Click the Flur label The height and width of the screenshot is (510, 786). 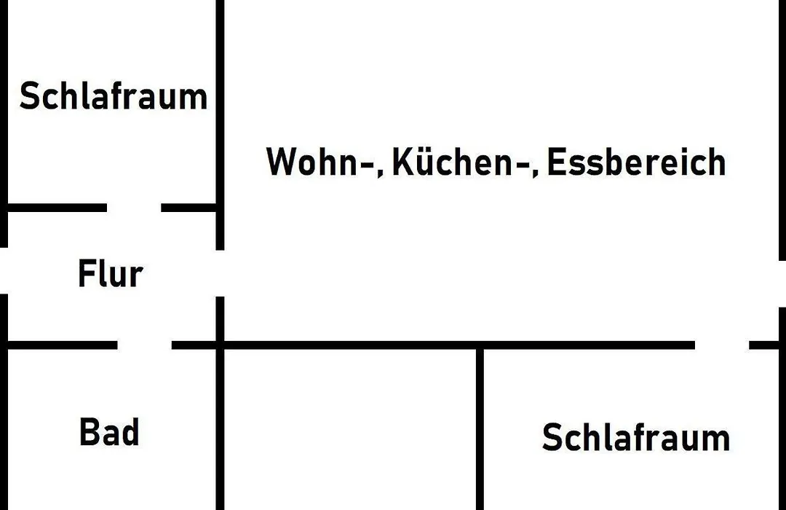point(111,273)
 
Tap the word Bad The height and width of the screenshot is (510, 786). point(109,432)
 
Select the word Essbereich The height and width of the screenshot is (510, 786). point(636,162)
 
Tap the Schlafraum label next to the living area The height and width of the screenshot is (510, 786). point(114,96)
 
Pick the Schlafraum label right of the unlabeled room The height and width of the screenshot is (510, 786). point(635,437)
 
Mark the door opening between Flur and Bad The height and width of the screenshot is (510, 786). point(144,345)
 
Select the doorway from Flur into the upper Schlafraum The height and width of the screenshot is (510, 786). point(134,208)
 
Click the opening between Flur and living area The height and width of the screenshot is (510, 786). point(220,273)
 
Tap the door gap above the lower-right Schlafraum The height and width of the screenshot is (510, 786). point(722,345)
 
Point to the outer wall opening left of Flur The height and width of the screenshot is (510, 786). point(4,270)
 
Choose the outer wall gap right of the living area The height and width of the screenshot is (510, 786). point(782,283)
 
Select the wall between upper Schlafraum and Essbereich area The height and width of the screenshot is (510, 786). point(220,125)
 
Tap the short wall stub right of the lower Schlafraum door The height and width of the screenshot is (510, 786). point(764,345)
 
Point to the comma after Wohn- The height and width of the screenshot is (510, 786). point(380,173)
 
